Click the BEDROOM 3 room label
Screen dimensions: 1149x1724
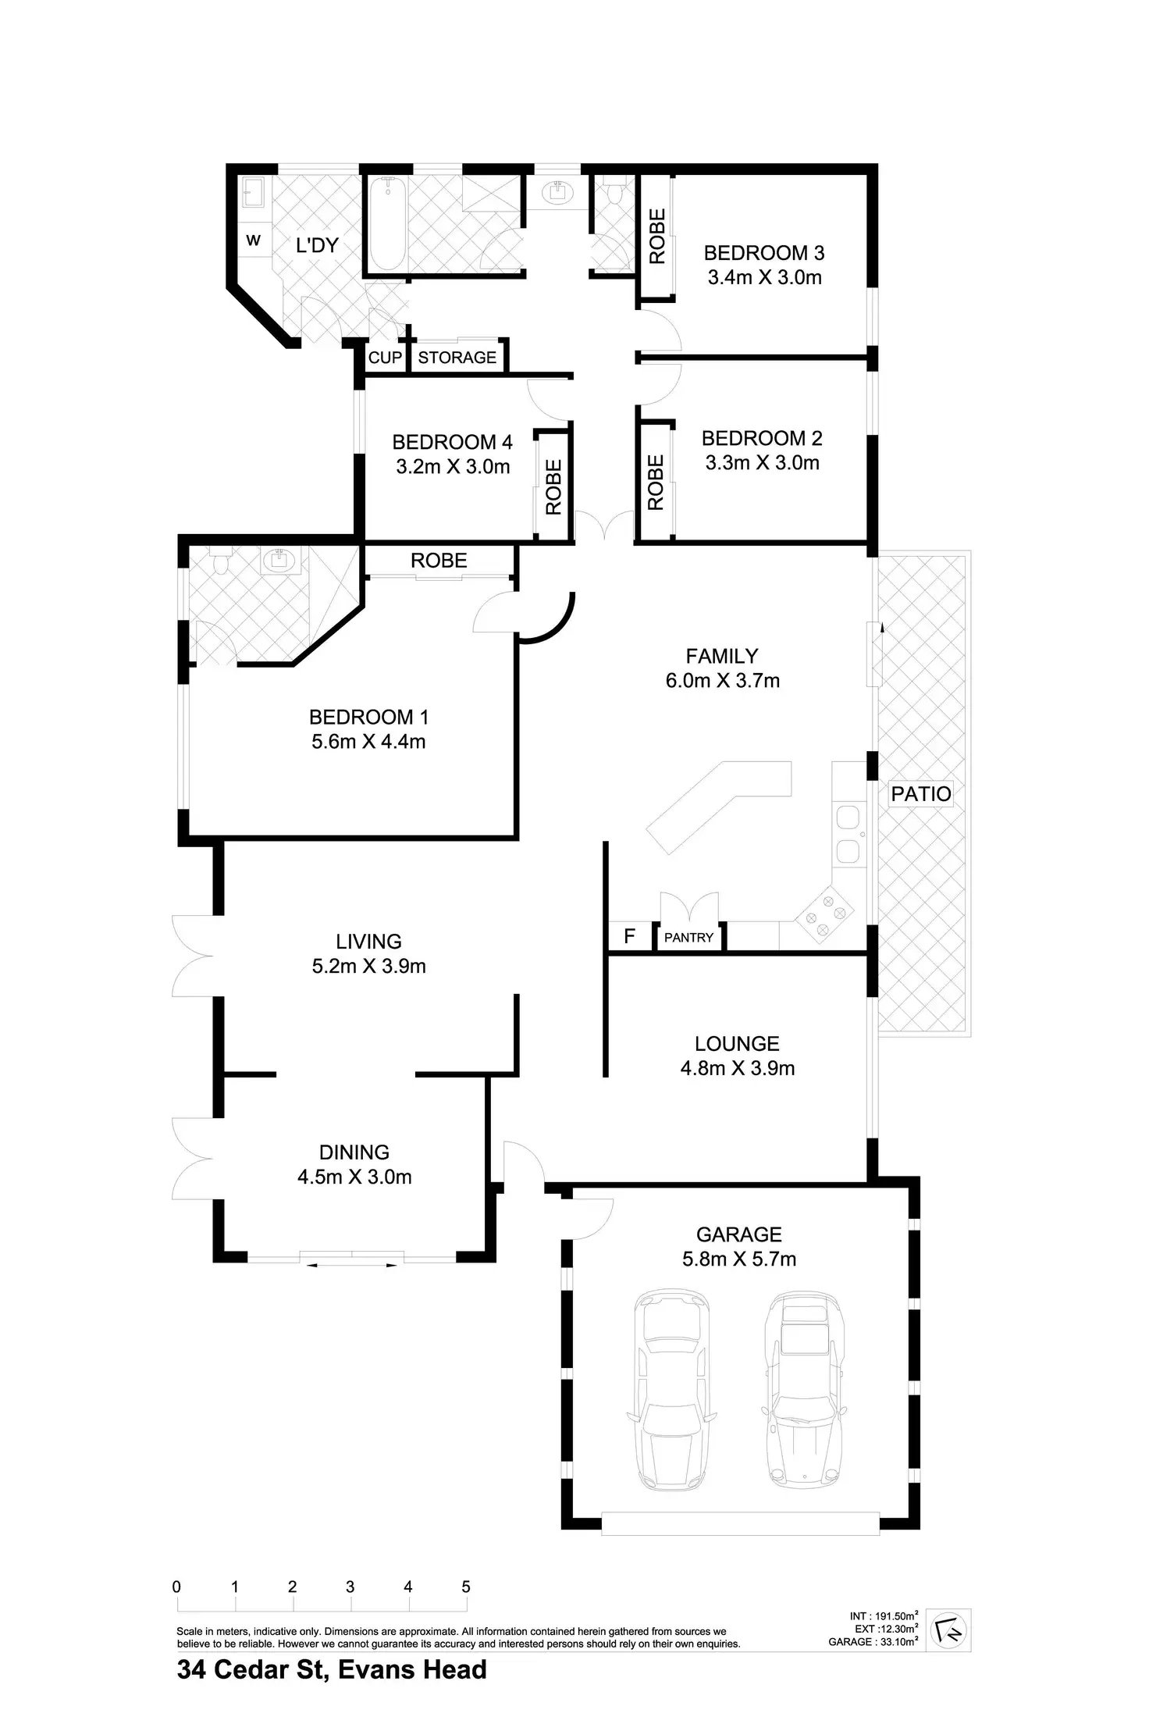pyautogui.click(x=763, y=253)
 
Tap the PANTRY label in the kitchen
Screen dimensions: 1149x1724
pyautogui.click(x=688, y=937)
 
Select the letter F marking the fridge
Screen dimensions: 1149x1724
pyautogui.click(x=630, y=936)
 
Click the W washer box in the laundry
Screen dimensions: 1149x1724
pyautogui.click(x=254, y=240)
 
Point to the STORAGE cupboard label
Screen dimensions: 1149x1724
pyautogui.click(x=457, y=358)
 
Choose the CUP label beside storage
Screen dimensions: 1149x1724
pyautogui.click(x=385, y=358)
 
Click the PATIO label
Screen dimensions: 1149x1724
pyautogui.click(x=921, y=794)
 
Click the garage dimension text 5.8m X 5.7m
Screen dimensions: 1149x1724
pyautogui.click(x=738, y=1259)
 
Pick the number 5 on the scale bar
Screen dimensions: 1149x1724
pyautogui.click(x=466, y=1587)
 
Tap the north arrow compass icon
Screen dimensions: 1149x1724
pyautogui.click(x=949, y=1631)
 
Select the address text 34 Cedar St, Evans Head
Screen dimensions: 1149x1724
pyautogui.click(x=332, y=1669)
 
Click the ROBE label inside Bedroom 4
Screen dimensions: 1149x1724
pyautogui.click(x=553, y=487)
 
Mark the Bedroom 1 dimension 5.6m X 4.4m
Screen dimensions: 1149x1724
pyautogui.click(x=368, y=741)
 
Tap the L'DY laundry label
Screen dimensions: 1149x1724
pyautogui.click(x=317, y=245)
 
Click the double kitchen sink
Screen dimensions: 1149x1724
pyautogui.click(x=847, y=833)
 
